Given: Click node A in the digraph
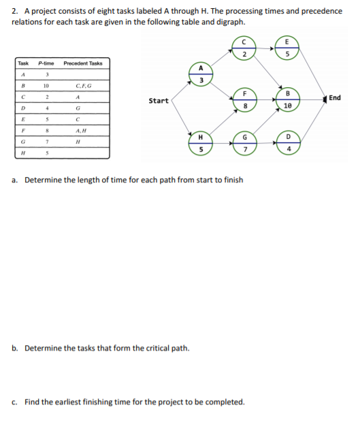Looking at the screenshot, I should [x=201, y=74].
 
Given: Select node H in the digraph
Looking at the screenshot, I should [x=201, y=144].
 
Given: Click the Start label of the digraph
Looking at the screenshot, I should [x=159, y=101].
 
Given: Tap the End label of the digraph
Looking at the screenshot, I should [x=334, y=98].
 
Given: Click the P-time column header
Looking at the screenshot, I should [x=46, y=63].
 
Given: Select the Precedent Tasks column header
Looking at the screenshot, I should [x=82, y=63].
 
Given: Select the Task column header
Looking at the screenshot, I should [x=23, y=63].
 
